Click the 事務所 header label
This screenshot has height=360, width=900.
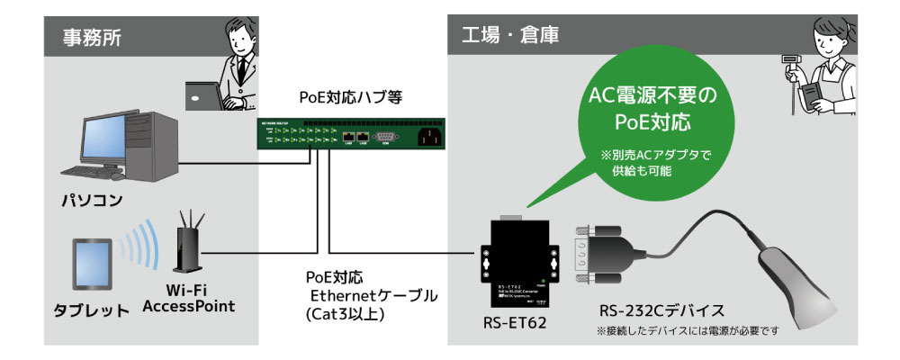click(x=92, y=38)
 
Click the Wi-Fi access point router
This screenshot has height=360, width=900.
click(x=187, y=247)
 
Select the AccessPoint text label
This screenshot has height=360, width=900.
click(x=189, y=307)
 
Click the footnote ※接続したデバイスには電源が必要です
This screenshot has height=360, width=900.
click(x=686, y=331)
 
